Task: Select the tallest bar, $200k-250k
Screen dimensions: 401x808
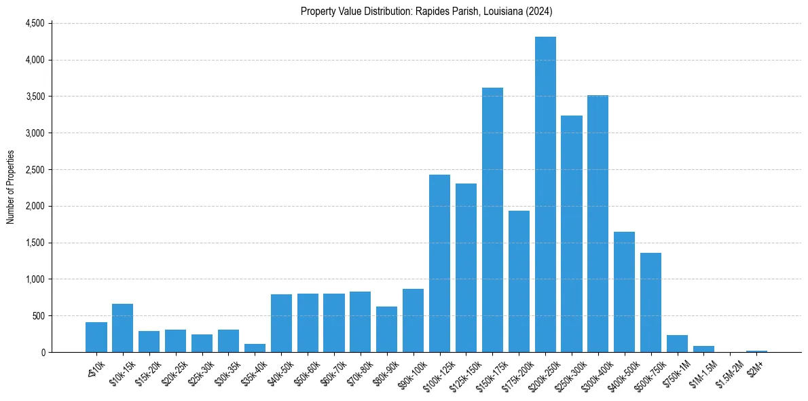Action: pos(545,194)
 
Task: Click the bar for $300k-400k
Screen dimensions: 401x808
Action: pos(598,224)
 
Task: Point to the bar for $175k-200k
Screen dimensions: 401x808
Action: pos(519,281)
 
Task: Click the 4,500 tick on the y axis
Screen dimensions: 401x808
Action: pos(35,23)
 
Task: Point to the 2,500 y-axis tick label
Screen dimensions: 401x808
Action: pos(35,169)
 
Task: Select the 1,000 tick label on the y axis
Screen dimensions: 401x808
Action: pos(35,279)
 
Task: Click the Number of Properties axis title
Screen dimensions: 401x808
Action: pos(11,188)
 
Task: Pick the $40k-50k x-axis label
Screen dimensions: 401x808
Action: pos(280,370)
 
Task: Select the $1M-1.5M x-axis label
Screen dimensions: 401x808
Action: pos(702,371)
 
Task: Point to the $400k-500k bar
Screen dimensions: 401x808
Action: pos(624,292)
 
